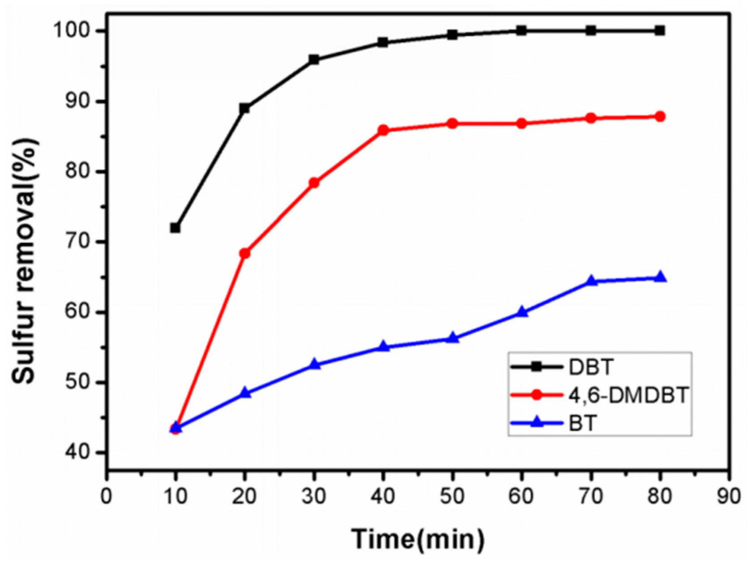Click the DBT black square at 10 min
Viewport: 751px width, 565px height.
[x=175, y=228]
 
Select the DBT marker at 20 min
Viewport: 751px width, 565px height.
[x=245, y=108]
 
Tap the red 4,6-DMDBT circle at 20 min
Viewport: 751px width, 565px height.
[x=245, y=253]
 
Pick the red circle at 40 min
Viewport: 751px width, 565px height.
[x=383, y=131]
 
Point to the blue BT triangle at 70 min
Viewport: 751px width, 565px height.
[x=591, y=281]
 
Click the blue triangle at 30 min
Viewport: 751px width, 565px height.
[x=314, y=364]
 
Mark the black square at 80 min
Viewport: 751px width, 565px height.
[x=660, y=30]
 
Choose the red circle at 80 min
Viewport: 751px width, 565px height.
[x=660, y=116]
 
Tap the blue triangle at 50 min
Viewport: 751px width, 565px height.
[x=452, y=338]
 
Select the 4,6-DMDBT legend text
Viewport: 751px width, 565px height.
[x=628, y=395]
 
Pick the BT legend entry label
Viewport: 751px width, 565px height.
[x=583, y=423]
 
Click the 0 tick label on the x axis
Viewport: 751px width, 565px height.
[x=107, y=497]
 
